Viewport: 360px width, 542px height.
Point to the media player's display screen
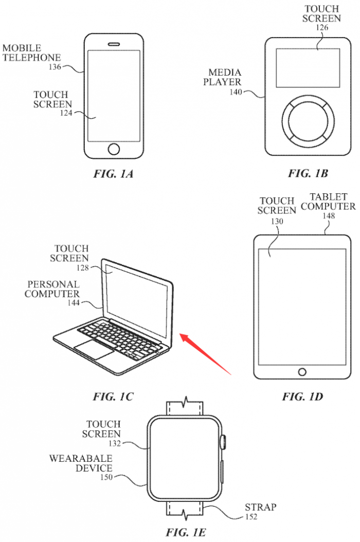coord(308,68)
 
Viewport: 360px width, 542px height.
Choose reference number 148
coord(329,216)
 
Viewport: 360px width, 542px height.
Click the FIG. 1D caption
coord(302,396)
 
